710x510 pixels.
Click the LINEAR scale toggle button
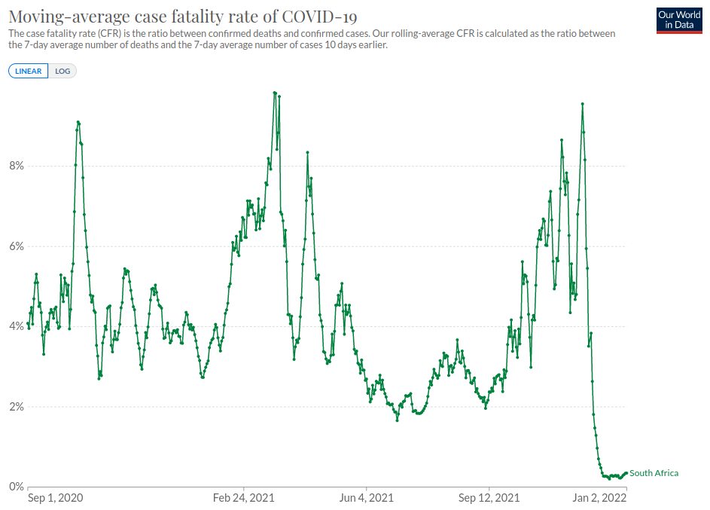(28, 71)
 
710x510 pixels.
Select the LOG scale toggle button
(62, 71)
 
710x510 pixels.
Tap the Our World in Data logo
(679, 20)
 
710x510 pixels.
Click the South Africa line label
(654, 473)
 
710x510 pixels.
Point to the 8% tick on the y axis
(16, 166)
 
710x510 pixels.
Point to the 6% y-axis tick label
(16, 246)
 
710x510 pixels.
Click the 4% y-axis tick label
(16, 326)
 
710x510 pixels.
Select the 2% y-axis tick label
(16, 407)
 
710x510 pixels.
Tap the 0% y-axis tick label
(16, 487)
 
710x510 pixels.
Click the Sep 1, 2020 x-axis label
(55, 498)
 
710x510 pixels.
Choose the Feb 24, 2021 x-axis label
(244, 498)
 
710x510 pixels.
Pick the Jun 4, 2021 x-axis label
(367, 498)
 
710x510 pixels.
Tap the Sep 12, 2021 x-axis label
(489, 498)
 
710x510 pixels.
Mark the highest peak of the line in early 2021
(275, 93)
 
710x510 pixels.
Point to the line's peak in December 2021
(582, 104)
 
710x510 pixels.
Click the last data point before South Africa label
(626, 473)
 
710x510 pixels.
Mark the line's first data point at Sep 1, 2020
(28, 323)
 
